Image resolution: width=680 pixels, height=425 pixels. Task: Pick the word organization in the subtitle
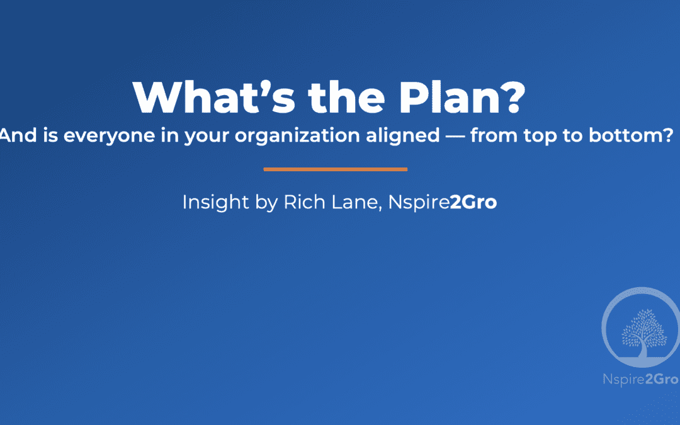click(x=297, y=136)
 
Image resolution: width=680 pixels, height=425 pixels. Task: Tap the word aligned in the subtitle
click(x=403, y=136)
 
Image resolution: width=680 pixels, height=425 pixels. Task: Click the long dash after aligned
click(x=455, y=136)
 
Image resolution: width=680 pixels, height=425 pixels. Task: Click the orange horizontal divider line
click(x=335, y=169)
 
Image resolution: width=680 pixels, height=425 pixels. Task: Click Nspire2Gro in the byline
click(x=443, y=203)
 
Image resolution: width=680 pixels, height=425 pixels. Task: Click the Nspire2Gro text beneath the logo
click(x=641, y=380)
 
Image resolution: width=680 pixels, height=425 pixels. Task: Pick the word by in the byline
click(x=266, y=203)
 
